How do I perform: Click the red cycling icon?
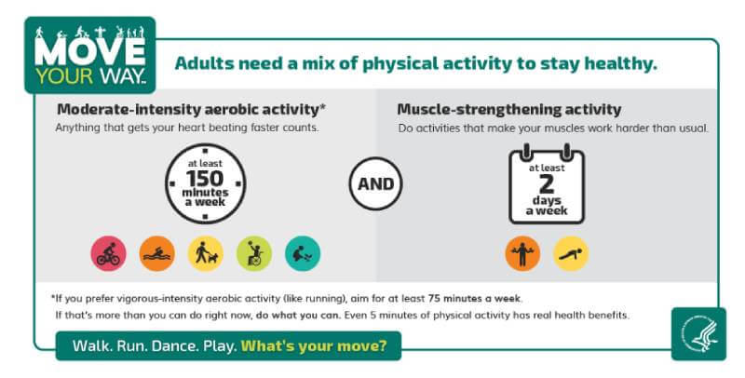(108, 253)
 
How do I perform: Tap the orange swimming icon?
(156, 253)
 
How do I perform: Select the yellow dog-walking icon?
(205, 253)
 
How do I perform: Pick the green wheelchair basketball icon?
(254, 253)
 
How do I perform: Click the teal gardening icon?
(303, 253)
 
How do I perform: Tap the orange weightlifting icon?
(522, 253)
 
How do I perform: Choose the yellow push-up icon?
(571, 253)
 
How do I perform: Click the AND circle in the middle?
(375, 183)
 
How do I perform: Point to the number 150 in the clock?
(205, 179)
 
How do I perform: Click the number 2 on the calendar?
(547, 183)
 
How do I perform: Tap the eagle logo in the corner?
(699, 334)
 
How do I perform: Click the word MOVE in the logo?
(89, 52)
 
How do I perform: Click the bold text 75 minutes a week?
(474, 299)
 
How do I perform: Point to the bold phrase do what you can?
(298, 315)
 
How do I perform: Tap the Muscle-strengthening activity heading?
(508, 110)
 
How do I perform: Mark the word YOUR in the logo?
(64, 76)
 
